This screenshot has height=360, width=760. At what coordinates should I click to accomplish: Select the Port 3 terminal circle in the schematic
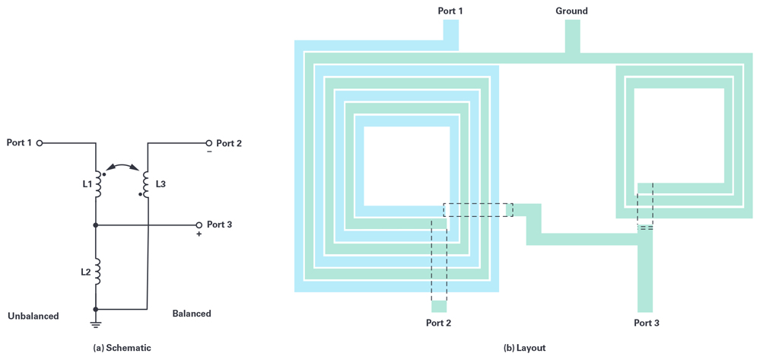199,225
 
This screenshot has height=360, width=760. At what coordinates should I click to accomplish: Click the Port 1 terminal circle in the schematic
40,143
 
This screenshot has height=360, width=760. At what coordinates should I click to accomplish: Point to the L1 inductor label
87,184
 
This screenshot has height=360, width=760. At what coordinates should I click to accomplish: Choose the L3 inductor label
161,184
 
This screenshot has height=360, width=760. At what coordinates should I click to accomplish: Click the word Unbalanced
33,316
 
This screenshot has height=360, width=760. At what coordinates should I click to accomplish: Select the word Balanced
192,314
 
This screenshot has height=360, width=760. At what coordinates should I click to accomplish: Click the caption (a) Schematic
122,348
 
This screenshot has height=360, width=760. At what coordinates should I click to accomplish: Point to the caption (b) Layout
524,348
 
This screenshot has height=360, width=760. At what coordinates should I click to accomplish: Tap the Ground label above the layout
571,11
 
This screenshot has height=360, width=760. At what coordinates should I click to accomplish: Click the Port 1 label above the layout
450,11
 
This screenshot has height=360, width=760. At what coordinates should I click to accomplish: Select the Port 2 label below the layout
438,323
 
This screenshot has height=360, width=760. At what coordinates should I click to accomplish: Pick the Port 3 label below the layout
646,323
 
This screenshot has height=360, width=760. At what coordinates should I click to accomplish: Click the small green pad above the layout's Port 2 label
439,307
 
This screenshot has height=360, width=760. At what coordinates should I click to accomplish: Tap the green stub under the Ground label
572,36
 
